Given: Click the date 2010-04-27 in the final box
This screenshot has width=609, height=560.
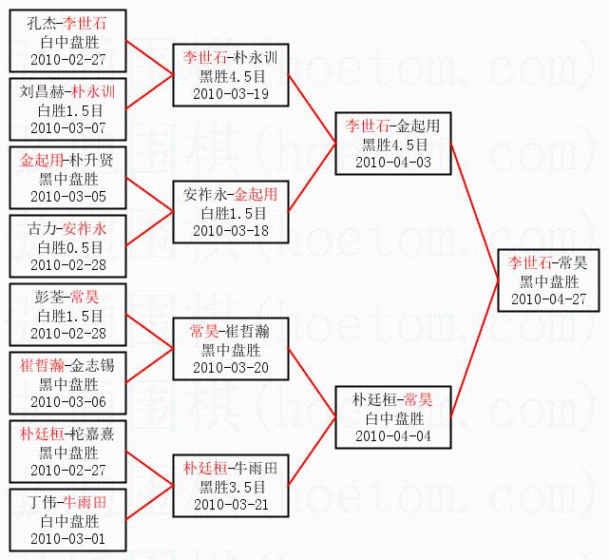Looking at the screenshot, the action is tap(548, 299).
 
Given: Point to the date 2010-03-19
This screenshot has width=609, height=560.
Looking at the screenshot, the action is tap(231, 94).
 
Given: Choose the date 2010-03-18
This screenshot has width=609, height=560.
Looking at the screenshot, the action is tap(231, 230).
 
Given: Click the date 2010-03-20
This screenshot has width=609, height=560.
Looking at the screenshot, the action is tap(231, 367).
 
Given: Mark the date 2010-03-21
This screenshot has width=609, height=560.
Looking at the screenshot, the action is tap(231, 504).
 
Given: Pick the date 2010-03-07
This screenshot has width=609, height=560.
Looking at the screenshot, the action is tap(68, 127).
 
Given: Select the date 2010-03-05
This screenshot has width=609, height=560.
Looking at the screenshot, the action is tap(68, 196).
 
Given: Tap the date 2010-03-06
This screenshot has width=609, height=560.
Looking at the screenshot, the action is tap(68, 401).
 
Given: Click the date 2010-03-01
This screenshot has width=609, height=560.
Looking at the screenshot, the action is tap(68, 538).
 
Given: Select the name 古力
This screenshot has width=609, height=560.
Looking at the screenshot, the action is tap(42, 229).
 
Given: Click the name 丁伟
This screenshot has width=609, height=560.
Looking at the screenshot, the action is tap(42, 503).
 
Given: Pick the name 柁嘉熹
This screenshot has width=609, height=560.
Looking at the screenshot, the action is tap(93, 434).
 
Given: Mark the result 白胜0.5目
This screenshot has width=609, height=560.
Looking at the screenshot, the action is tap(68, 246).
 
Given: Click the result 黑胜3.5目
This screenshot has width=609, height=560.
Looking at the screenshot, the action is tap(231, 486).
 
